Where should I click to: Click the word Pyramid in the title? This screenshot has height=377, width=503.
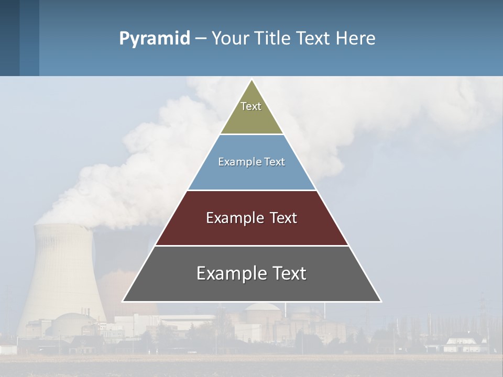coord(154,39)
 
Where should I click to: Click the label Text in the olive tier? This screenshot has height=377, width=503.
coord(251,106)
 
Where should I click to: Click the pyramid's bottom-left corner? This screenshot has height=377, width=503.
coord(123,301)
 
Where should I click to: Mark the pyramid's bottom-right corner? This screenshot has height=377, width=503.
coord(381,301)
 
